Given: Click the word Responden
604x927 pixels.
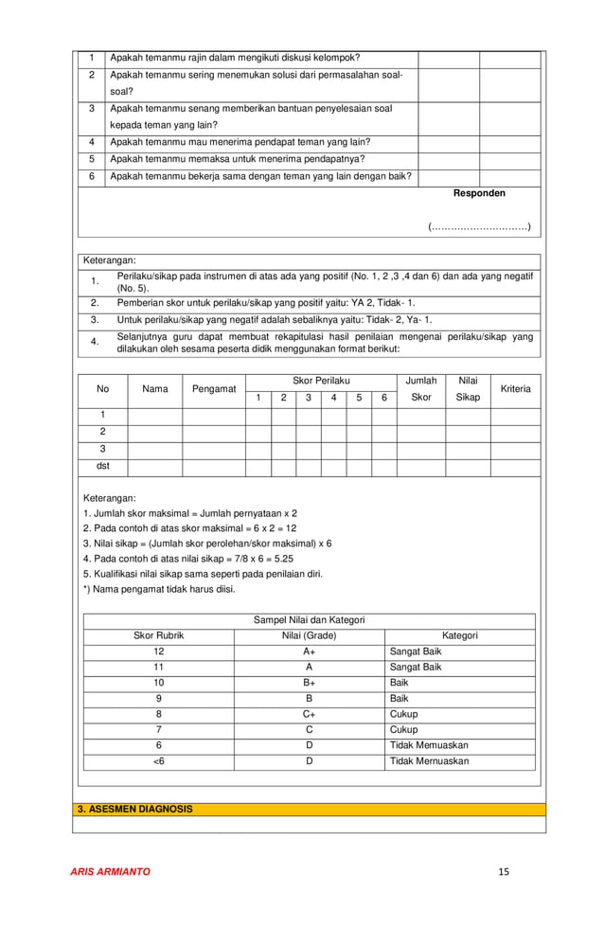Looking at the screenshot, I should pos(479,193).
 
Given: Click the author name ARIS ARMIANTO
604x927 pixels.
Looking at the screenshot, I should pos(111,871).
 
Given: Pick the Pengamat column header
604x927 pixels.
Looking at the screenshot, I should pos(214,389).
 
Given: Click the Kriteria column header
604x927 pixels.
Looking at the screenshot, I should pos(516,389).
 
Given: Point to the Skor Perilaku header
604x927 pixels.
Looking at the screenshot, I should pos(321,381).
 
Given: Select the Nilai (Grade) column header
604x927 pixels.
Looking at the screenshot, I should pos(309,635).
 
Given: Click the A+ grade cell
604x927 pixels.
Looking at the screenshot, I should pos(309,651).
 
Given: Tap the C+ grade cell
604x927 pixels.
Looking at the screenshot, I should pos(309,714).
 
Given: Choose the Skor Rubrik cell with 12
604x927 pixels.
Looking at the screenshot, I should pos(158,651).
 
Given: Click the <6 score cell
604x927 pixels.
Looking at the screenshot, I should pos(158,760).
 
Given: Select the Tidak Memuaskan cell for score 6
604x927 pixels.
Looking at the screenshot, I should pos(429,745).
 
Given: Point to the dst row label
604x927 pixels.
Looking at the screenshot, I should pos(103,466).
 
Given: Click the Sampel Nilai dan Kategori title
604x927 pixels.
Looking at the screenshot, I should pos(309,620).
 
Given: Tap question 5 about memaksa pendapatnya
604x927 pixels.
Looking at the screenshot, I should pos(238,159).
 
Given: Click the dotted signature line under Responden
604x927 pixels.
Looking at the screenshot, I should pos(479,226).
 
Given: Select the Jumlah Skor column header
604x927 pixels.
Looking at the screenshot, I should pos(421,389).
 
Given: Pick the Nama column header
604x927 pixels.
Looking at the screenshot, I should pos(155,389).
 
